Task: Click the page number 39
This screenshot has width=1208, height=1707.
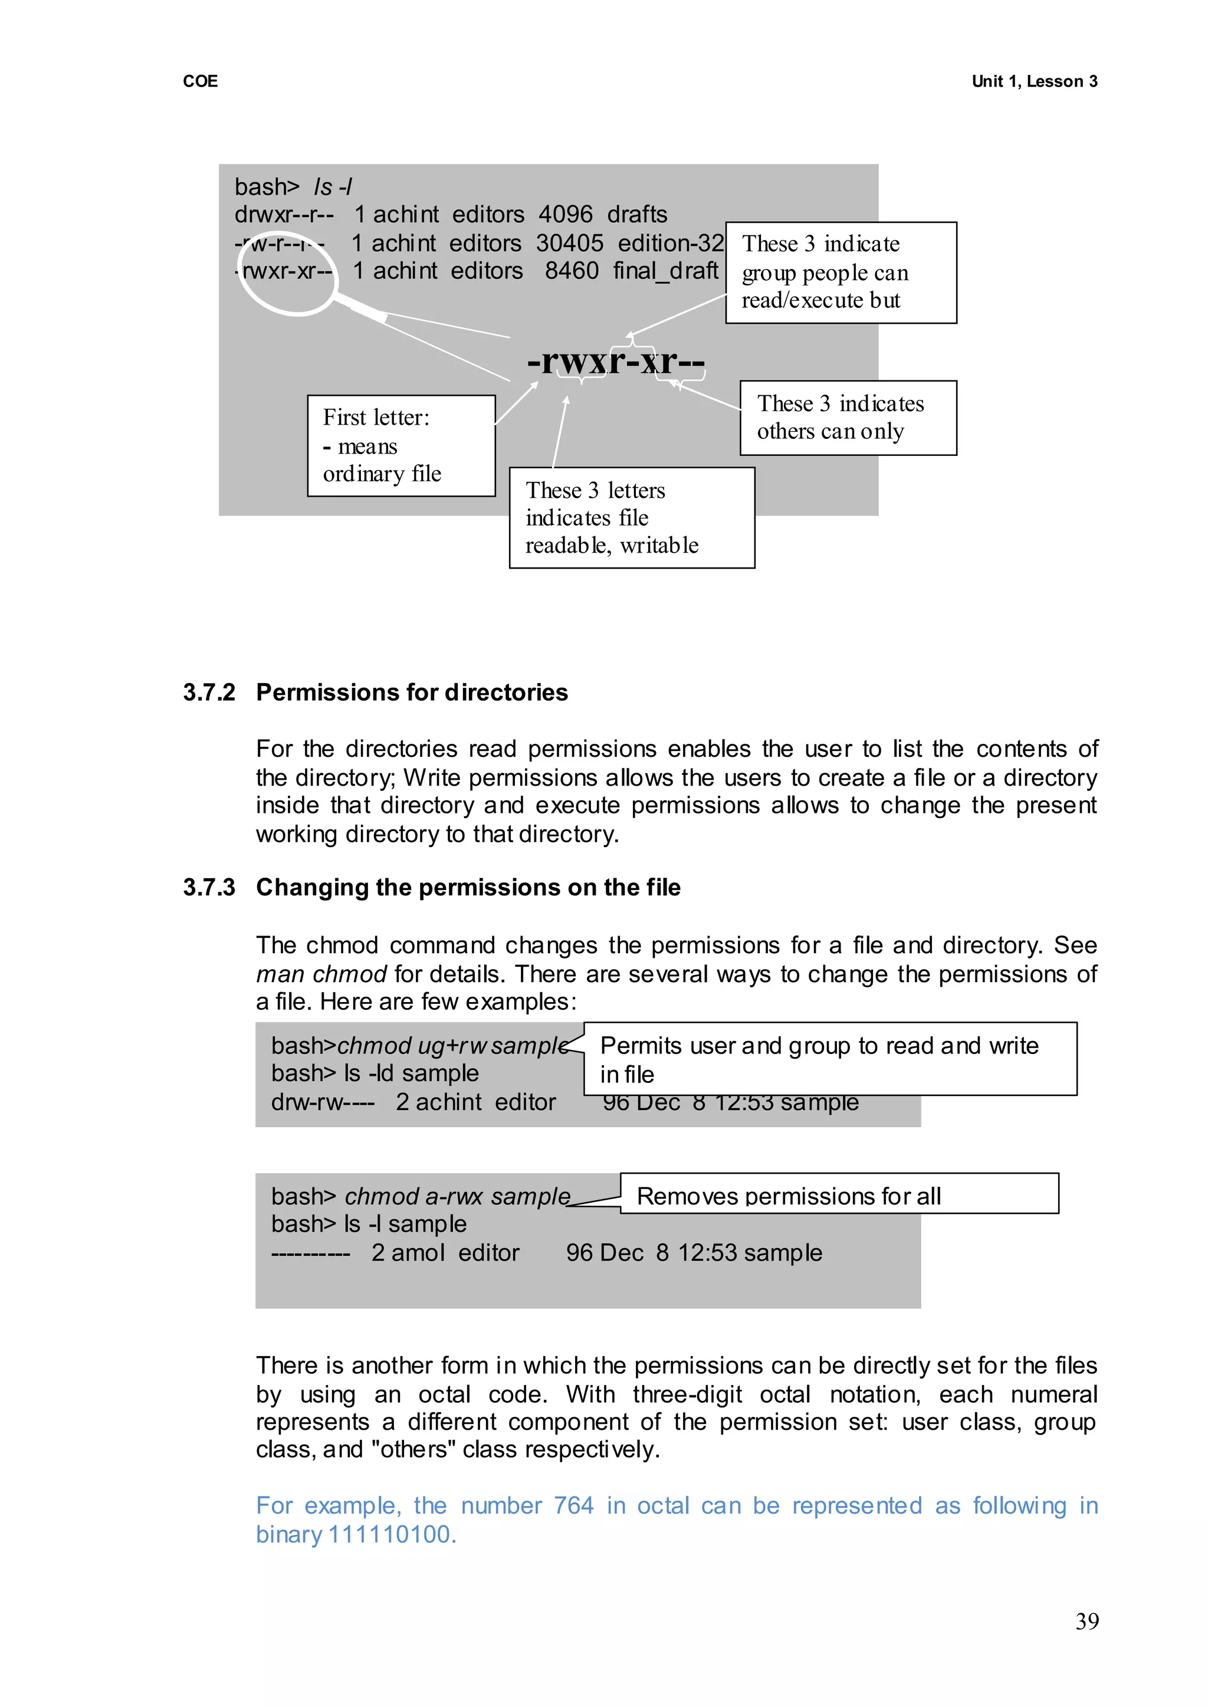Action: [1086, 1621]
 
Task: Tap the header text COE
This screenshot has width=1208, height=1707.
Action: [200, 81]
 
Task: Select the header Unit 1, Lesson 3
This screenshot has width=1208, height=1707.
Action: [1034, 81]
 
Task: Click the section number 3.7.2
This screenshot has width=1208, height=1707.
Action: [209, 692]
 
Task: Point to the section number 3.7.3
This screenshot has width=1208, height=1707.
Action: [209, 887]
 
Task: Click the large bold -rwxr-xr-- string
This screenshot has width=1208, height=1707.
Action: [616, 362]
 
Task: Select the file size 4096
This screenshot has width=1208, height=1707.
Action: [565, 214]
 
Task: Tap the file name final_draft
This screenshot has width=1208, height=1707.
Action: [666, 271]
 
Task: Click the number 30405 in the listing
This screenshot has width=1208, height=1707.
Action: [570, 243]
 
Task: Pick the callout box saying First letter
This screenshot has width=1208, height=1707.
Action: [401, 445]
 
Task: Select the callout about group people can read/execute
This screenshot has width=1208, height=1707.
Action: [841, 273]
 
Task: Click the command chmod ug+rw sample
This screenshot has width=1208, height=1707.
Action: [453, 1046]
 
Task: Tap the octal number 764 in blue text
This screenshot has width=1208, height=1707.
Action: [573, 1505]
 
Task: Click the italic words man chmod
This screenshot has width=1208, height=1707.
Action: [321, 974]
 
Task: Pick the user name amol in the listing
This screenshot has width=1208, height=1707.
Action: [418, 1253]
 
